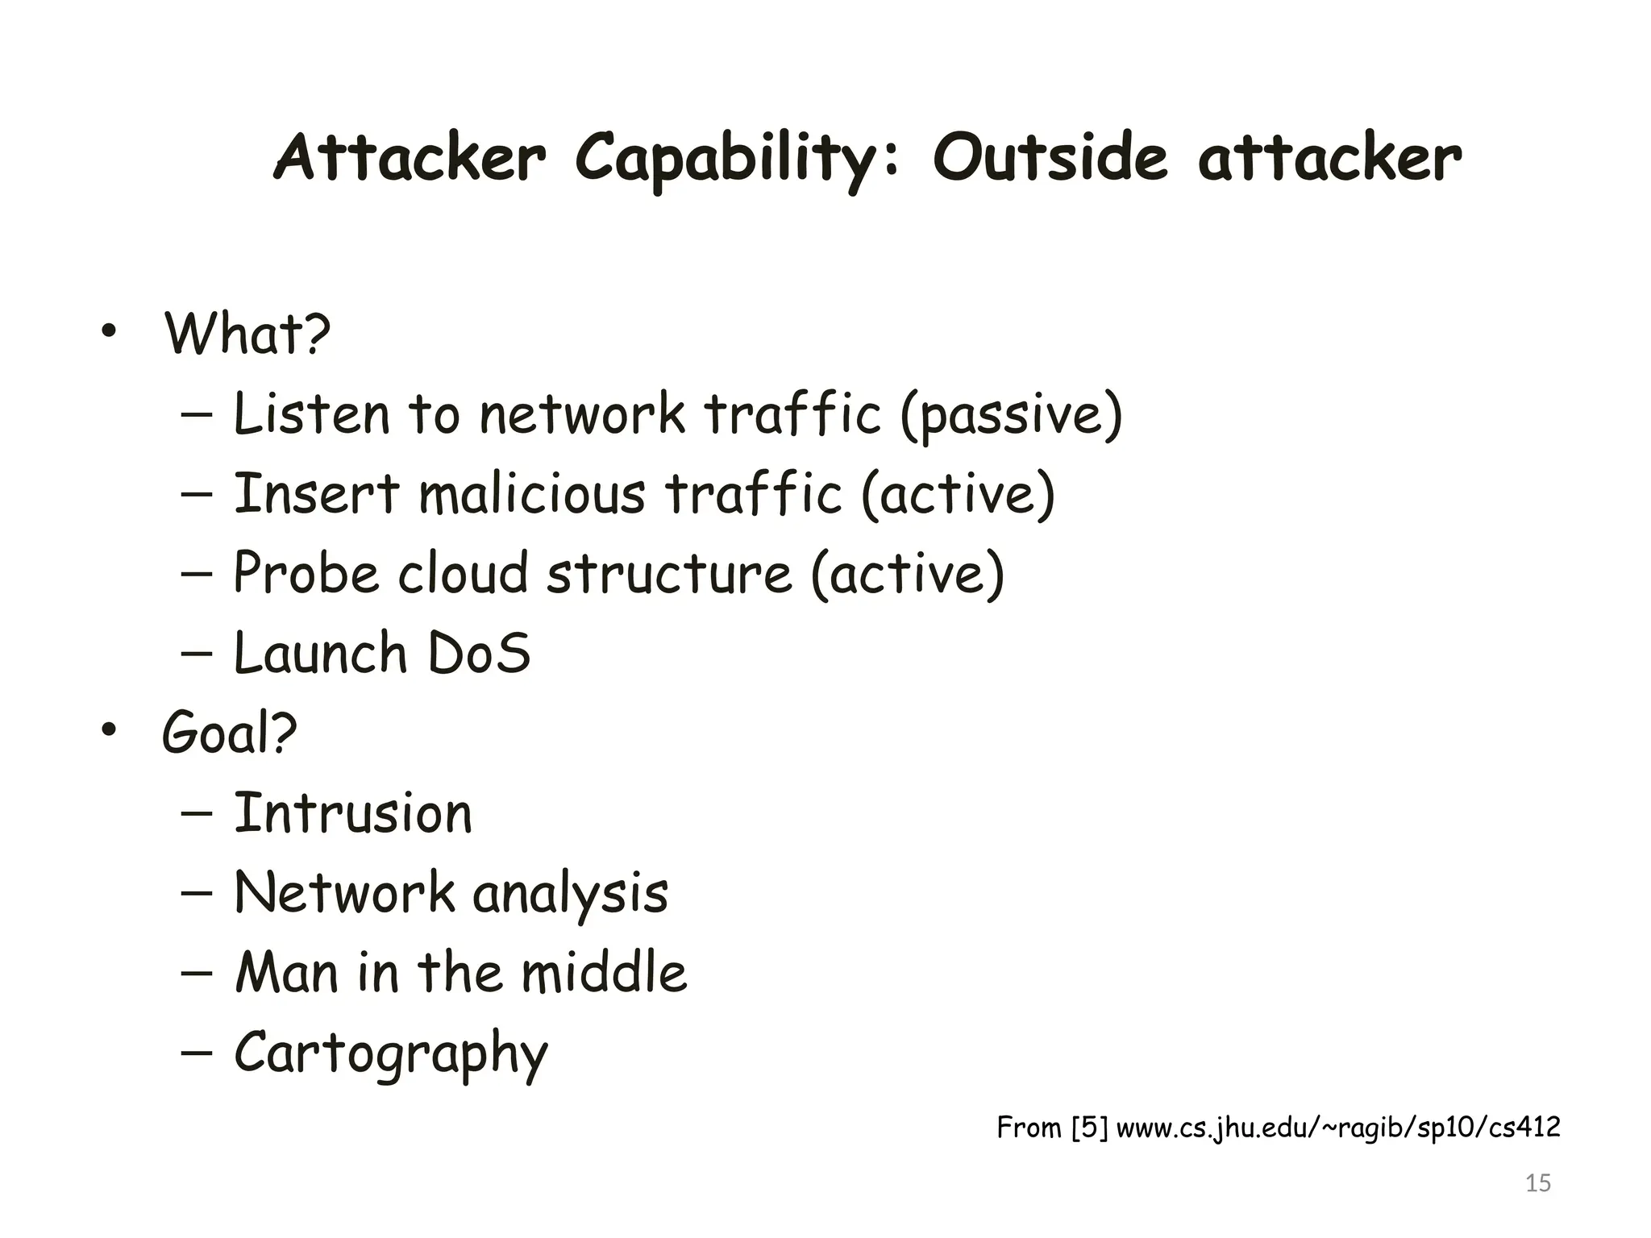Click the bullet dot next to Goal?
[x=109, y=730]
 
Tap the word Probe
[x=306, y=573]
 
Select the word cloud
[x=464, y=573]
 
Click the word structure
[x=670, y=573]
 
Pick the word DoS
[x=479, y=653]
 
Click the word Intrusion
[x=353, y=813]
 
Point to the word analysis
[x=570, y=894]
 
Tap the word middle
[x=604, y=973]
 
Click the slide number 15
[x=1538, y=1183]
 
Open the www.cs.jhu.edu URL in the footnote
[x=1338, y=1127]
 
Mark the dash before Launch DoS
[x=198, y=653]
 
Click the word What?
[x=247, y=333]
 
